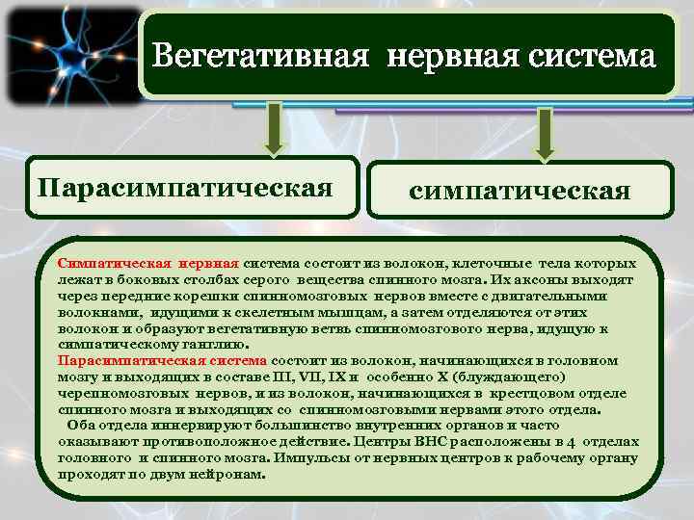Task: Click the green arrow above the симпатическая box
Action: point(546,132)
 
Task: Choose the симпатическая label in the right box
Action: point(520,192)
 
